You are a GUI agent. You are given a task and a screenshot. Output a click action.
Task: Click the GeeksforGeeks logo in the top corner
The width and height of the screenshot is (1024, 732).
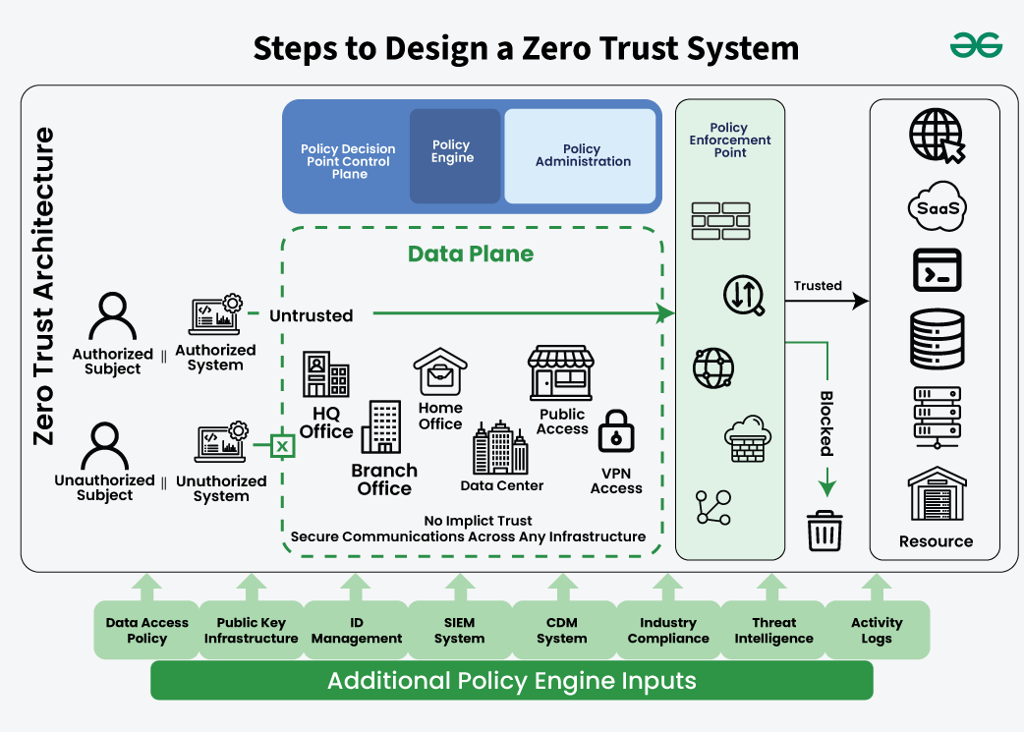(976, 45)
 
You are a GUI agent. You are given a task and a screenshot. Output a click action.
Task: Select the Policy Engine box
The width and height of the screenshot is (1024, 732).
(454, 155)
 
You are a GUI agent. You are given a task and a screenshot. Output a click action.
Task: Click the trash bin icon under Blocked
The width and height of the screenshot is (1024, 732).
(823, 531)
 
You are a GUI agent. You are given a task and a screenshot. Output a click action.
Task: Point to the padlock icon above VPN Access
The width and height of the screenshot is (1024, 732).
(616, 430)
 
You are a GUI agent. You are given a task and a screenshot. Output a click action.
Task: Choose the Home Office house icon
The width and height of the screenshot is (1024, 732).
(439, 372)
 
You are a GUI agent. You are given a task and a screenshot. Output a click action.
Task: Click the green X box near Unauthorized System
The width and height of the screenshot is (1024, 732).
(282, 447)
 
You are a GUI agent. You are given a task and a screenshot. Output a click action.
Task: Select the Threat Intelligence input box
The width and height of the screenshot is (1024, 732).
(773, 630)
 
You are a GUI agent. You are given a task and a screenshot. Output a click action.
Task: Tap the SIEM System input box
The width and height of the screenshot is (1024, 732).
(459, 630)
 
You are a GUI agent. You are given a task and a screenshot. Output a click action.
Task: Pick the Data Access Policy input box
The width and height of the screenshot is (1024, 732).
(146, 630)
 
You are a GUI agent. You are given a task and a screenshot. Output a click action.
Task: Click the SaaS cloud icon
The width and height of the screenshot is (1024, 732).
(936, 207)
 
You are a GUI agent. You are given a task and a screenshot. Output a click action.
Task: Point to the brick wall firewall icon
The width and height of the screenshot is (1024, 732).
(720, 221)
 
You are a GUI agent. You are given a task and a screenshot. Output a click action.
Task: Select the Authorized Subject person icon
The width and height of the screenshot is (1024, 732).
(113, 316)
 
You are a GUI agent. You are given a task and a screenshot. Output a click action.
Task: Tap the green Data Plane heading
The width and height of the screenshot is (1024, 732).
(471, 254)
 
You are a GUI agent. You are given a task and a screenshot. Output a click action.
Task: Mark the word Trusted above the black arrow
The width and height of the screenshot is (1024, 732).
(818, 286)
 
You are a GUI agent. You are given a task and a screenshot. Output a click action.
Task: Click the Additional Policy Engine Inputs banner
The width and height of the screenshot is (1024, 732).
(511, 680)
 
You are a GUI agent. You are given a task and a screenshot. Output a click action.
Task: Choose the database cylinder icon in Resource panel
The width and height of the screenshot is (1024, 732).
(936, 339)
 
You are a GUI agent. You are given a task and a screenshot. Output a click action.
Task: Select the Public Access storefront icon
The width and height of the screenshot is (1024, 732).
(562, 371)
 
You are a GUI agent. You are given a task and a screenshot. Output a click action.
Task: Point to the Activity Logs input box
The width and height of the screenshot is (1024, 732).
(876, 630)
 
